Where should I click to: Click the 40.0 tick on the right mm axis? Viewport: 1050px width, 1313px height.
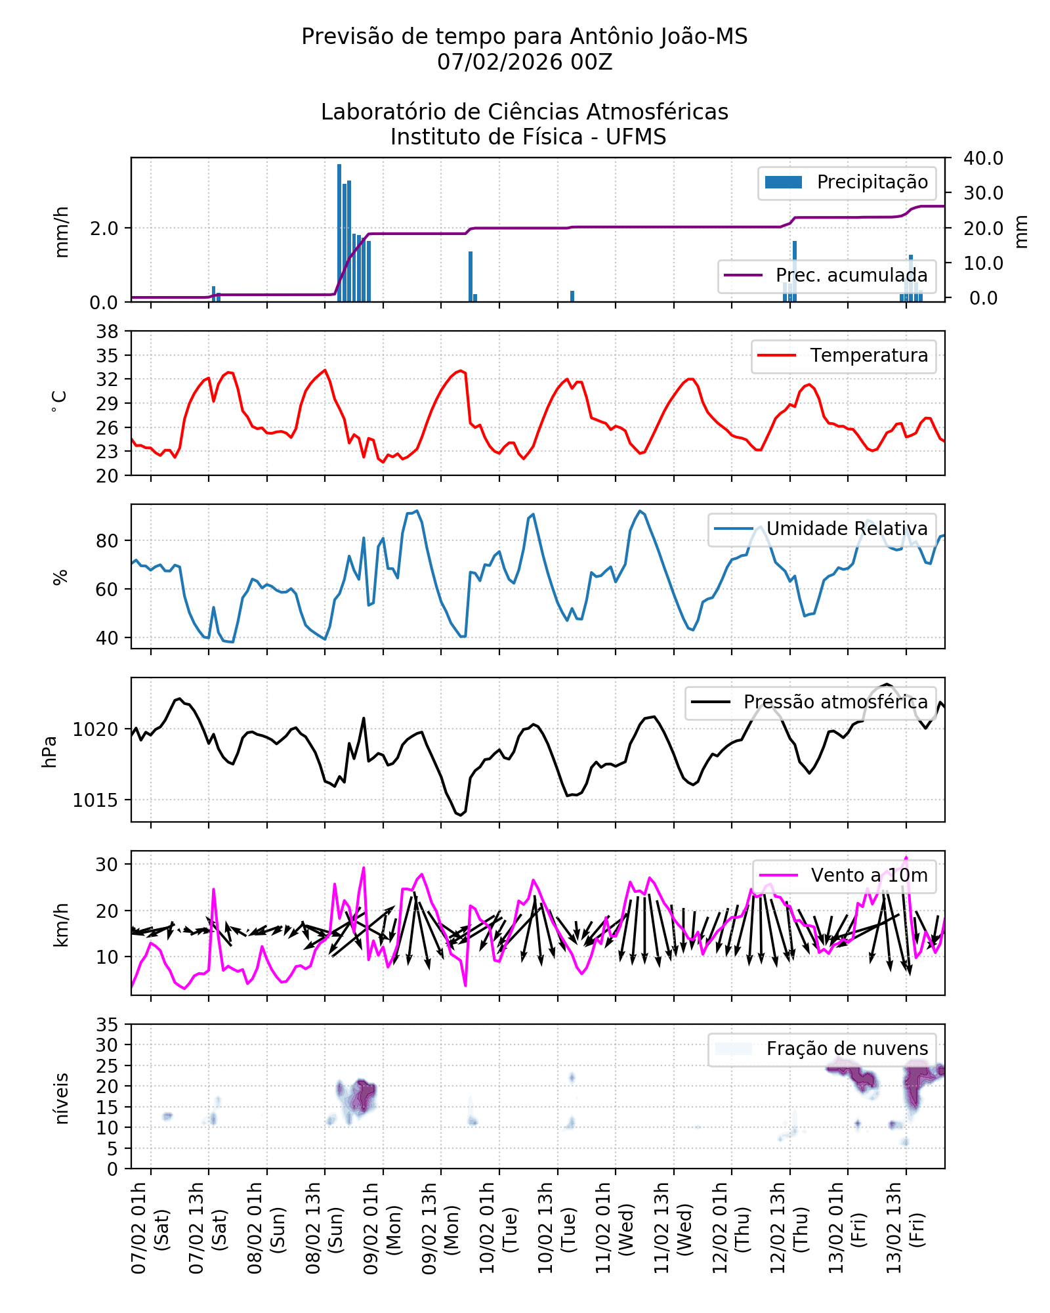coord(982,158)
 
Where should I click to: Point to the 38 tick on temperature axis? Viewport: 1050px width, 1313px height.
coord(108,332)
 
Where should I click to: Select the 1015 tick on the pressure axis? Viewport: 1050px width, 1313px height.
coord(96,800)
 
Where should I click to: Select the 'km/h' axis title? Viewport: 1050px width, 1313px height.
coord(61,924)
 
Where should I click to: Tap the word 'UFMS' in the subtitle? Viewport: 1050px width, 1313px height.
coord(635,137)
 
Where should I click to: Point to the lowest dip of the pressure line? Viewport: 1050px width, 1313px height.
coord(461,815)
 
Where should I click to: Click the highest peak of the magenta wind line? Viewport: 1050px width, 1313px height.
coord(906,857)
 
